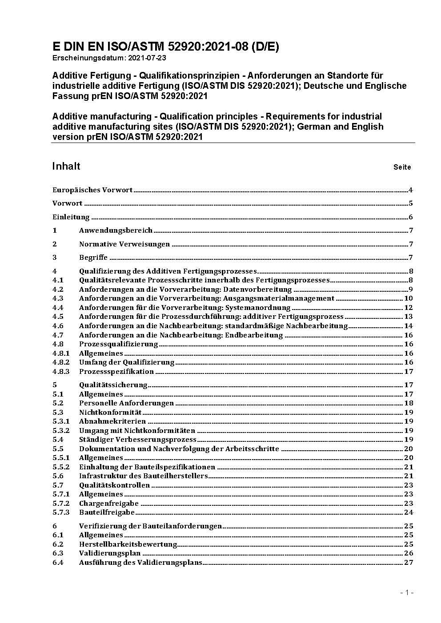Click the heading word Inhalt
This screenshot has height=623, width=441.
click(66, 166)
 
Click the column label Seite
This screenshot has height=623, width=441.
click(402, 167)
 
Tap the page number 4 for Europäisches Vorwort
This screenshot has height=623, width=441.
click(411, 190)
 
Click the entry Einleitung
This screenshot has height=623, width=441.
click(71, 217)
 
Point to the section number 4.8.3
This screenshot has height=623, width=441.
click(61, 372)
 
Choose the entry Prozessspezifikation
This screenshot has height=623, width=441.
click(116, 372)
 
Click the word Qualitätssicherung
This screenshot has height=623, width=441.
click(113, 385)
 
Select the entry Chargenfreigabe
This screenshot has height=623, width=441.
click(109, 504)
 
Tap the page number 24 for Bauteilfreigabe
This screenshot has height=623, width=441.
click(409, 512)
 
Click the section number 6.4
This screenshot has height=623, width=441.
click(58, 563)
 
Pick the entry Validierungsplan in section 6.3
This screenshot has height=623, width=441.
click(110, 553)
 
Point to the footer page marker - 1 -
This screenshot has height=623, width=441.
click(407, 592)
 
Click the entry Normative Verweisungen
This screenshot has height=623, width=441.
click(124, 244)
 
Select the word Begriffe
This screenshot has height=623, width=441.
click(93, 258)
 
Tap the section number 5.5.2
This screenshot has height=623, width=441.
click(61, 467)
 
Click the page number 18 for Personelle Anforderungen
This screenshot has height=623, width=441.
click(409, 403)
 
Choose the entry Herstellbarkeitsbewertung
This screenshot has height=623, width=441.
click(128, 544)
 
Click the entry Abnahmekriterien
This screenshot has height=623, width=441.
click(112, 421)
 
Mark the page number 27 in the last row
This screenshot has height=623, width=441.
click(409, 563)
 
